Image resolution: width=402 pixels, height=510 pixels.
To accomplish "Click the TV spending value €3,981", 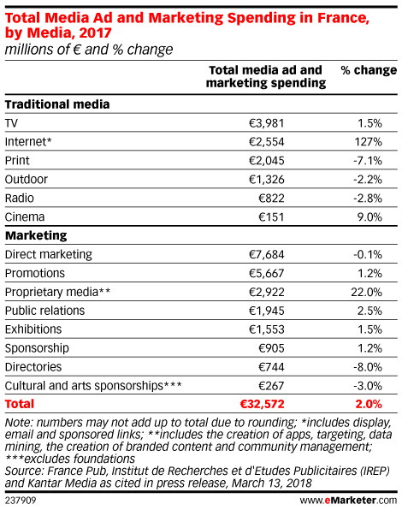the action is click(x=267, y=123).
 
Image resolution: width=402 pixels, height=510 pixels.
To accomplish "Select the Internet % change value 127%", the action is click(x=368, y=142).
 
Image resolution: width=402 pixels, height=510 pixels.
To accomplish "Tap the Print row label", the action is click(x=17, y=160).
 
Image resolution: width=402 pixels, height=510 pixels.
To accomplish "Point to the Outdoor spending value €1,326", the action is click(x=267, y=179).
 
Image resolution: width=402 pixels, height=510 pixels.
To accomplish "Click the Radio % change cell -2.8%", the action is click(x=368, y=198).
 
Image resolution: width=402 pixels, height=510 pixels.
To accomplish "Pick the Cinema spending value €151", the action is click(x=271, y=217).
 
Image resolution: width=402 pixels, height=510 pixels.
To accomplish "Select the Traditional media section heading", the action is click(x=57, y=104).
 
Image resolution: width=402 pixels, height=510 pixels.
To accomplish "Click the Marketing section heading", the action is click(x=36, y=235).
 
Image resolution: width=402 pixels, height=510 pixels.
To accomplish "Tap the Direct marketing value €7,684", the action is click(x=267, y=254).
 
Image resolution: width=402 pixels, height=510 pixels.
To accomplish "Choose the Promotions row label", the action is click(x=35, y=273).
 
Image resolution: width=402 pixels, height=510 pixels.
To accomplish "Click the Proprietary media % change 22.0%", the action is click(x=367, y=292).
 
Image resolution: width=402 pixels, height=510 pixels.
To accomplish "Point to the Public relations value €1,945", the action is click(x=267, y=311).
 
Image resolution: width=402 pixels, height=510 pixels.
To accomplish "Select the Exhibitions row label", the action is click(x=33, y=329).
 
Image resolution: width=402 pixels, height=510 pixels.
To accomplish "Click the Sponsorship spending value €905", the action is click(x=271, y=348).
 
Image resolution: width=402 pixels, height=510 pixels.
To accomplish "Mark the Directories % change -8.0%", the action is click(x=368, y=367).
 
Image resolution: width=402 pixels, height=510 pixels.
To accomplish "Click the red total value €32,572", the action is click(x=262, y=404).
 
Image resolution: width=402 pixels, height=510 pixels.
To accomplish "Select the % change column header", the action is click(x=369, y=70).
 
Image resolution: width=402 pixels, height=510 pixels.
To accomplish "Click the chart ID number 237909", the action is click(x=21, y=501).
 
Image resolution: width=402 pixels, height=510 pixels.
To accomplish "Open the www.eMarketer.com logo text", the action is click(x=348, y=501).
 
